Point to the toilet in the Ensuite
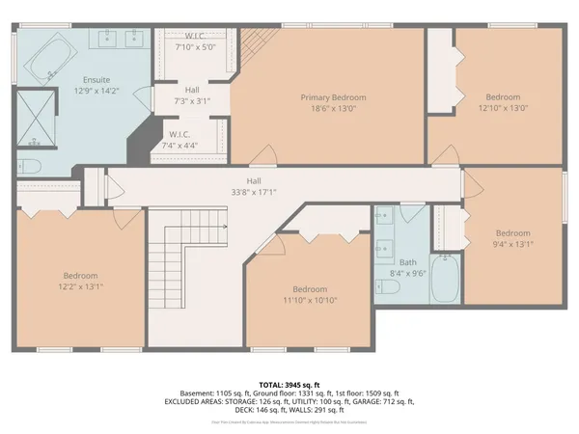click(x=27, y=165)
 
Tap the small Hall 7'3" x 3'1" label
click(x=192, y=95)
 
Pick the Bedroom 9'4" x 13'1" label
click(x=512, y=237)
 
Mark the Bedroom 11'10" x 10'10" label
click(x=309, y=294)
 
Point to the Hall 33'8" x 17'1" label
click(x=253, y=185)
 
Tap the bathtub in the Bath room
click(x=446, y=281)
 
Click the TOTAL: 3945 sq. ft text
click(x=289, y=383)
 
